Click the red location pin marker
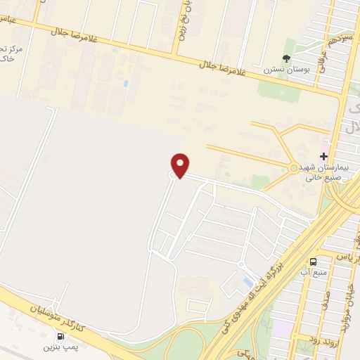[x=181, y=165]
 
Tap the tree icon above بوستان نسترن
[x=286, y=58]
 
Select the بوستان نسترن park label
[x=282, y=70]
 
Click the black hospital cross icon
[x=324, y=156]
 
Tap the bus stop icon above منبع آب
[x=313, y=259]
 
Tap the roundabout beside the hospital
[x=293, y=167]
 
